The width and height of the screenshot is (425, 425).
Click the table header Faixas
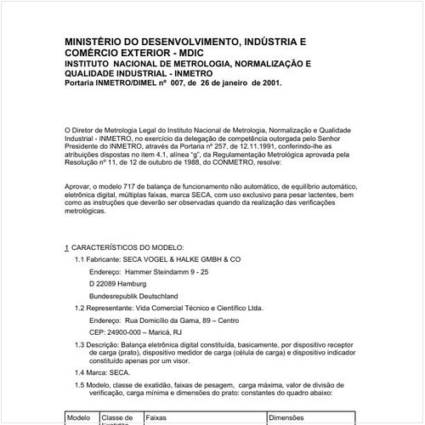[x=156, y=418]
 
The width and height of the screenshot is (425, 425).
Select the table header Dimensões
[x=292, y=418]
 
